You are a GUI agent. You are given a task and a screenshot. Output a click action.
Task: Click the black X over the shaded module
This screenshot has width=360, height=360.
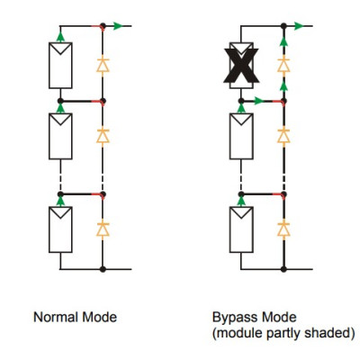[241, 66]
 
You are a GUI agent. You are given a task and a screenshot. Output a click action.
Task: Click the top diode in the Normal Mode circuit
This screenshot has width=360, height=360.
[103, 65]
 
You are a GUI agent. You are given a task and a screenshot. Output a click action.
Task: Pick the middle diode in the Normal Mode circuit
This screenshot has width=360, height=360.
[103, 136]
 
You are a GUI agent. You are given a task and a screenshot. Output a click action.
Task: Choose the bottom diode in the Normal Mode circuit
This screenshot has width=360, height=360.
[103, 229]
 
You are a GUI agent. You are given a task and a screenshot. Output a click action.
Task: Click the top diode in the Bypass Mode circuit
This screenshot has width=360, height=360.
[283, 65]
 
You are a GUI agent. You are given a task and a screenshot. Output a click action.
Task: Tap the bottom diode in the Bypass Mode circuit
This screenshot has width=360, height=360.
[283, 229]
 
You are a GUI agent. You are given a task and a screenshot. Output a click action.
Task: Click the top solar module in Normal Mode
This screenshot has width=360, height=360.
[60, 66]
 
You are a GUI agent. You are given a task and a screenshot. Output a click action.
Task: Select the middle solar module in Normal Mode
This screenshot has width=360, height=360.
[60, 136]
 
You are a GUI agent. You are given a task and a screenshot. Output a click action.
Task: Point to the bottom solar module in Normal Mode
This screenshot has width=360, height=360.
[60, 229]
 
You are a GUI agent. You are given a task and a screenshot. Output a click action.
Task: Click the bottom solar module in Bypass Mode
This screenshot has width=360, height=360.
[241, 229]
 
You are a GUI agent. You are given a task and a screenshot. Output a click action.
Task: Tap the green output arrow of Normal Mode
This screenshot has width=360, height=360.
[118, 26]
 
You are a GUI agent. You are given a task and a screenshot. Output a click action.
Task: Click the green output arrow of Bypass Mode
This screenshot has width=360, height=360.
[299, 26]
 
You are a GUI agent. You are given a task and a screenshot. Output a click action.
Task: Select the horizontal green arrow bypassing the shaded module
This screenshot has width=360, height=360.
[258, 101]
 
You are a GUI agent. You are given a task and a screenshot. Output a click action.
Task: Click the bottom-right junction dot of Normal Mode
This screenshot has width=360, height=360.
[103, 269]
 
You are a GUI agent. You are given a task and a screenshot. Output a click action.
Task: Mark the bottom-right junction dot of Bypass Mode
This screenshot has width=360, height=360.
[283, 269]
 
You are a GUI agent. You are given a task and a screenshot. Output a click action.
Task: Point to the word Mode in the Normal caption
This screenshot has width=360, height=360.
[100, 317]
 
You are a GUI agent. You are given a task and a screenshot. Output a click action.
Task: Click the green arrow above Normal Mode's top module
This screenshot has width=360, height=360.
[60, 37]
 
